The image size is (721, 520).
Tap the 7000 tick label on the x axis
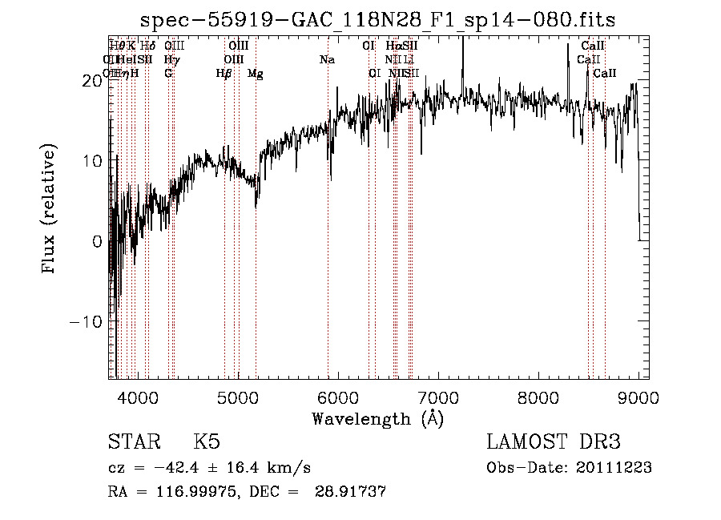438,397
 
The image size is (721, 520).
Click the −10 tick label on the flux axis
83,321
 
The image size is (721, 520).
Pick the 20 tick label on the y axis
91,80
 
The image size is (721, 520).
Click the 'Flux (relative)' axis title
50,210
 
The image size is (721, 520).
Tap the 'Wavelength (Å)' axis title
377,418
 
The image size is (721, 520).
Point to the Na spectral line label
327,60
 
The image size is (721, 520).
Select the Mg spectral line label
255,74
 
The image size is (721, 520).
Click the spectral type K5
206,442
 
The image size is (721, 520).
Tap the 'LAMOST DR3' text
553,442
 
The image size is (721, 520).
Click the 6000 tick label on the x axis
338,397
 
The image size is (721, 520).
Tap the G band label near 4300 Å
168,74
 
